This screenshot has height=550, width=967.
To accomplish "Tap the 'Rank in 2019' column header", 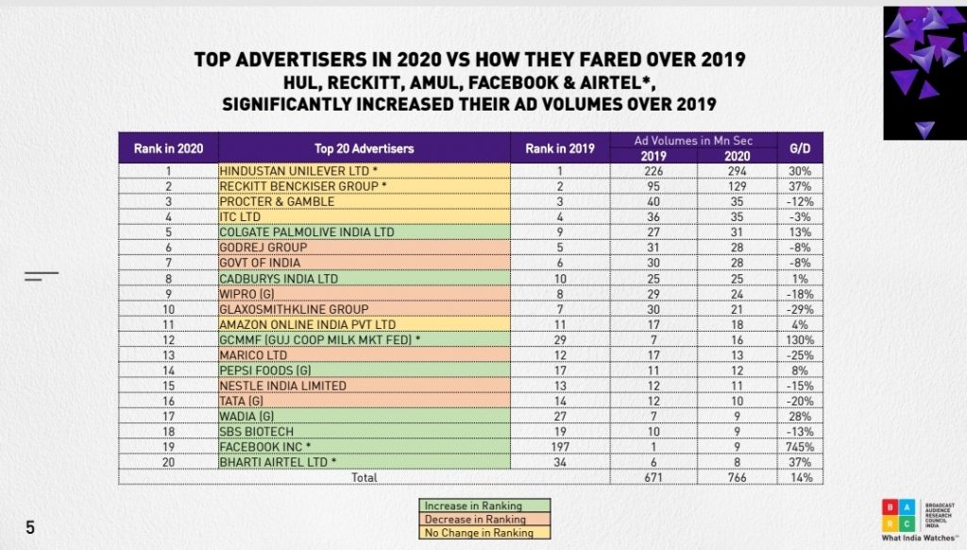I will click(x=560, y=148).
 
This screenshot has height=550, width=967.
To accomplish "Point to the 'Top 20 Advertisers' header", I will click(x=364, y=148).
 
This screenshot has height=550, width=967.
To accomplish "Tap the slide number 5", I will click(x=30, y=527).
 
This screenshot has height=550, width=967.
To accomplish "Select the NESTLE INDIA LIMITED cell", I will click(x=282, y=387).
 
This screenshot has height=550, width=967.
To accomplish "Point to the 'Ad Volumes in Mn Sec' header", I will click(x=694, y=140).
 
